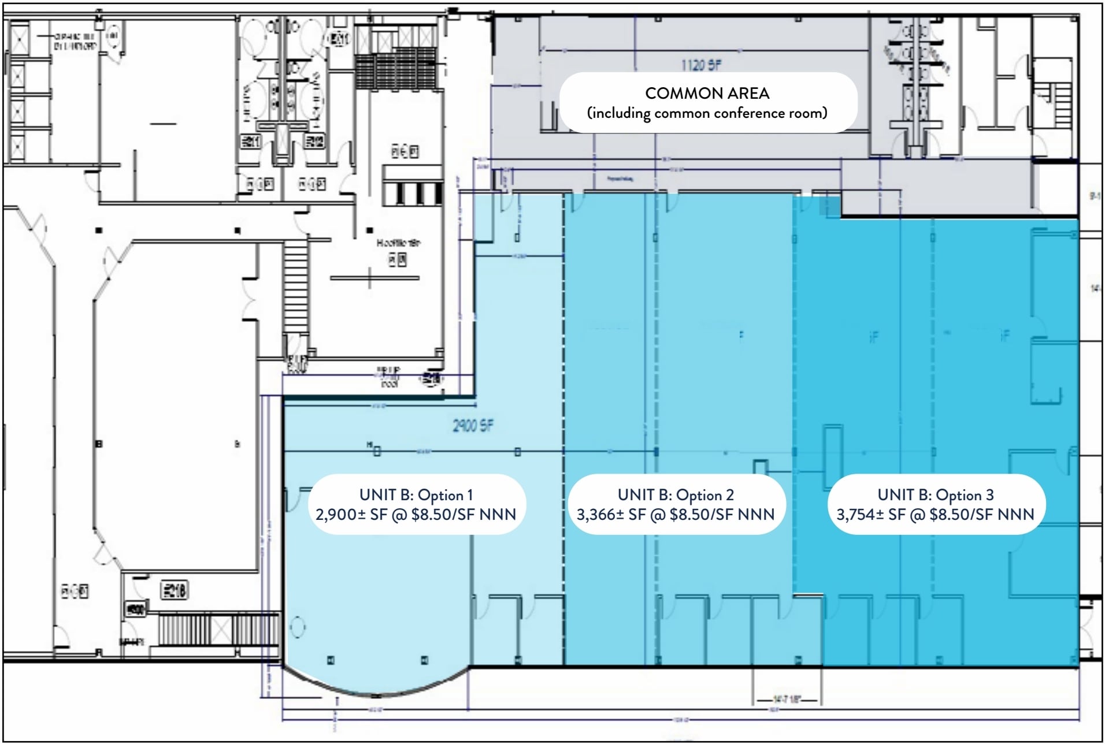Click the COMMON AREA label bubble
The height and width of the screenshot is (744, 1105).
(x=707, y=102)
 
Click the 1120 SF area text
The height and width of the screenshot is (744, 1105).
(x=700, y=65)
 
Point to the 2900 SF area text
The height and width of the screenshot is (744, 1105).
(x=473, y=426)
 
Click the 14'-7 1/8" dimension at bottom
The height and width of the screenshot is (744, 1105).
(x=788, y=700)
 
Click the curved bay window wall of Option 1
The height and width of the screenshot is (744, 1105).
(x=376, y=691)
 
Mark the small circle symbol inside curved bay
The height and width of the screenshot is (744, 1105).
(x=298, y=627)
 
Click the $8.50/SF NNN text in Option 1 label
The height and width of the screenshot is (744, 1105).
(x=463, y=515)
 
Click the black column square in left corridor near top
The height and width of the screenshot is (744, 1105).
(x=99, y=230)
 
